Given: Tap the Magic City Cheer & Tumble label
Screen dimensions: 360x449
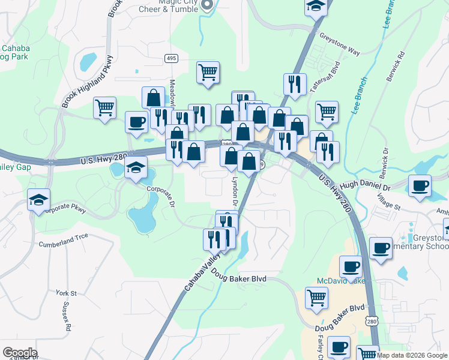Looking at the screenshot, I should pyautogui.click(x=170, y=5).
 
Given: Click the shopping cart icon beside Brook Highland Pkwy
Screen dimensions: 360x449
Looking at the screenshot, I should pyautogui.click(x=104, y=108).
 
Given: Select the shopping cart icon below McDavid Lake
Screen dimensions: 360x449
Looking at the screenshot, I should pyautogui.click(x=317, y=297).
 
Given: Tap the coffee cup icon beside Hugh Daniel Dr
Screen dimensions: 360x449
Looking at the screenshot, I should pyautogui.click(x=420, y=185).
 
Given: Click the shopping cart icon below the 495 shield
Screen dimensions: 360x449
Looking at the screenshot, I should pyautogui.click(x=208, y=72).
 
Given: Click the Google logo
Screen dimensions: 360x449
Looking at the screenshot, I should pyautogui.click(x=19, y=353).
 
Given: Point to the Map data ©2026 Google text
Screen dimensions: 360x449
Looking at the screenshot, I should pyautogui.click(x=412, y=355).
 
